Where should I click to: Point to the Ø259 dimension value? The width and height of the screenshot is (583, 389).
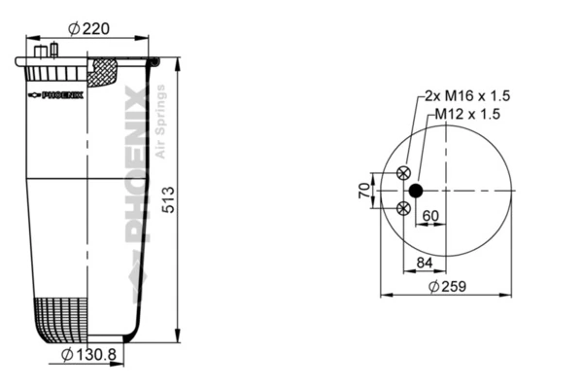[446, 286]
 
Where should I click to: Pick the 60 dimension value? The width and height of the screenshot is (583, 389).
[429, 216]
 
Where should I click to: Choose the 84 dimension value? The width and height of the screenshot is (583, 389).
[425, 263]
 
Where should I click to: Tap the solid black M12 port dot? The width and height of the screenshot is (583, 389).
[417, 190]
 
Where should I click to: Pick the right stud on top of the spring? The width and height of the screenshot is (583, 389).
[53, 50]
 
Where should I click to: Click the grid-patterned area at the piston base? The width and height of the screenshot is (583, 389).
[61, 317]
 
